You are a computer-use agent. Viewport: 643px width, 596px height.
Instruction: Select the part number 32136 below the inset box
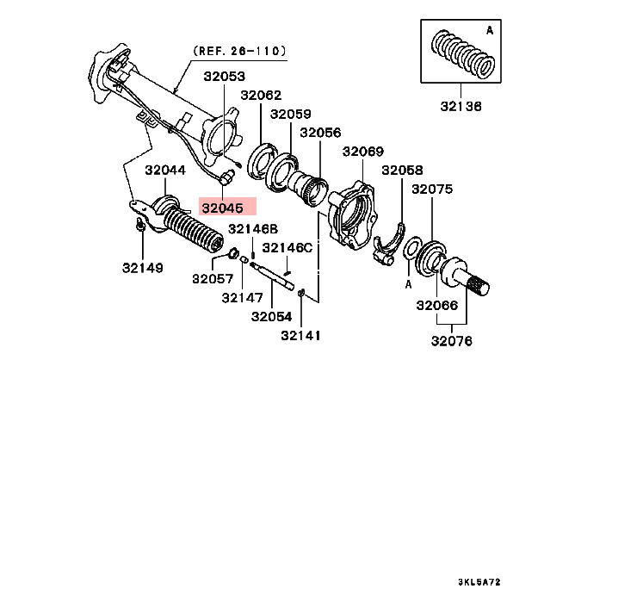coord(461,107)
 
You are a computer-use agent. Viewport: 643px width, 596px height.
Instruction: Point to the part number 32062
coord(260,96)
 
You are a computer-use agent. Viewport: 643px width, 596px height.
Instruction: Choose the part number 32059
coord(291,114)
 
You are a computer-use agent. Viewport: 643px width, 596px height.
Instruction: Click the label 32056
coord(320,133)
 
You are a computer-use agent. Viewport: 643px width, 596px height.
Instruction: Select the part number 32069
coord(362,152)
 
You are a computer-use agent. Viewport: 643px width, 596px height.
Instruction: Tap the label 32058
coord(403,171)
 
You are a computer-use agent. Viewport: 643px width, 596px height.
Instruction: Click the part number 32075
coord(432,189)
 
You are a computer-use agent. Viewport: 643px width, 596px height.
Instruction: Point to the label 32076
coord(452,341)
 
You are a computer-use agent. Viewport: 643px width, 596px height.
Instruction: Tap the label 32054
coord(272,317)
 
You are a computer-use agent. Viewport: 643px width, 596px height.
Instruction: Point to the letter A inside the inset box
coord(490,30)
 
